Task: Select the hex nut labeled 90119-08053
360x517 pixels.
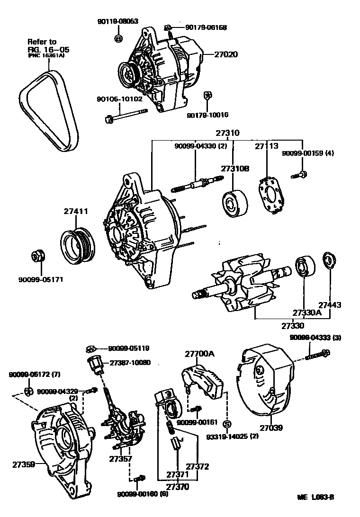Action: tap(119, 37)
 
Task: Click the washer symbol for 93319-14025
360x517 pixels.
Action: tap(226, 423)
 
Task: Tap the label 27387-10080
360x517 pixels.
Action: tap(130, 363)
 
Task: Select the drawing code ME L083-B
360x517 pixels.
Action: tap(315, 497)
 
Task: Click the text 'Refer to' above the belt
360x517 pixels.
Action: tap(42, 42)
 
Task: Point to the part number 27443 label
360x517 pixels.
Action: tap(330, 305)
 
